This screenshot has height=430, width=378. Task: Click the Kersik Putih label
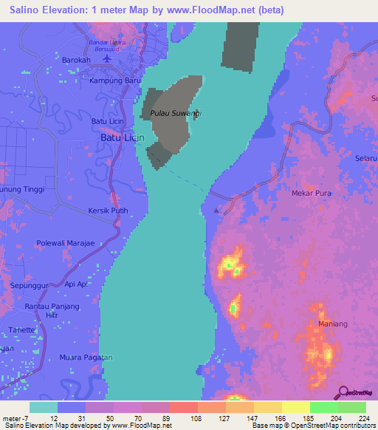click(x=108, y=211)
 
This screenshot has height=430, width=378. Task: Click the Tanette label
click(x=22, y=330)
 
